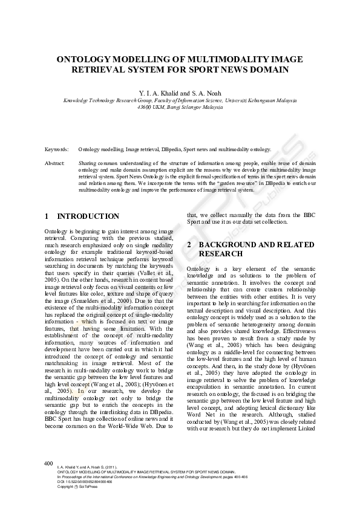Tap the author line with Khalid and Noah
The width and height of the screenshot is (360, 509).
(x=180, y=93)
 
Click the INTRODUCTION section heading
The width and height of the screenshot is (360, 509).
(x=88, y=216)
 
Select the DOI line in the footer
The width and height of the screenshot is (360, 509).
(x=79, y=482)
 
